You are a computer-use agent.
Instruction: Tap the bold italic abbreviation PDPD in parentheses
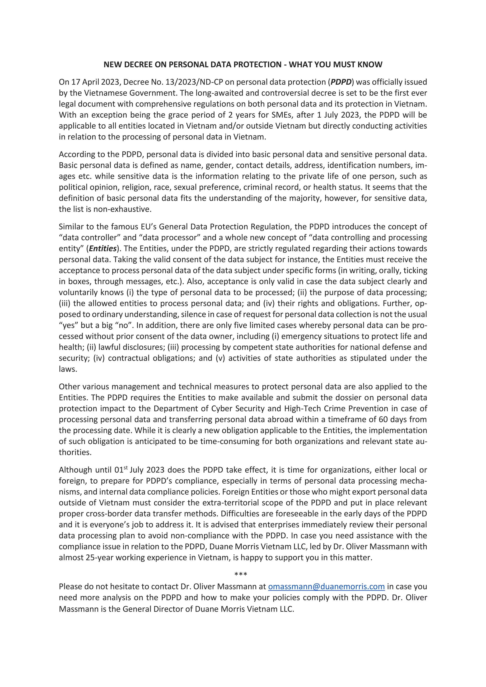[341, 82]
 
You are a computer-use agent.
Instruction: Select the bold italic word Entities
[103, 249]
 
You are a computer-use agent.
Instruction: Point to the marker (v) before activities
[220, 358]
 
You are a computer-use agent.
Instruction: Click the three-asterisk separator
[241, 574]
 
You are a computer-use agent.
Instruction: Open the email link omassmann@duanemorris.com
[326, 586]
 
